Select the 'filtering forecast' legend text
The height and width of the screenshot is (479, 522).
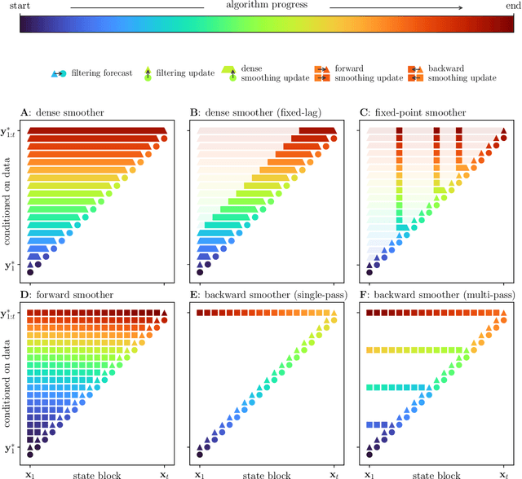(x=103, y=73)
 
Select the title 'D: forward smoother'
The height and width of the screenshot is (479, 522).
(x=69, y=297)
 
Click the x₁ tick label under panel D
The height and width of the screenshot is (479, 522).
(x=31, y=472)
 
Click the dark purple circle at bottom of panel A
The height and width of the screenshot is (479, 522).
(x=31, y=273)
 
